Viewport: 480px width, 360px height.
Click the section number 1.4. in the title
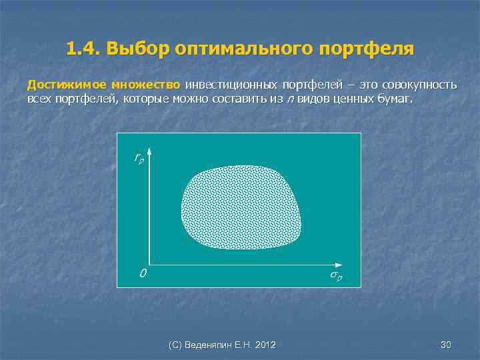click(x=83, y=49)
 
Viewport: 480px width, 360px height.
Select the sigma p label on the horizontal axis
click(x=335, y=275)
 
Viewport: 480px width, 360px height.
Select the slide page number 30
click(x=446, y=345)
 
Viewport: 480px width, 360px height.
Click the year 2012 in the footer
click(x=265, y=345)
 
